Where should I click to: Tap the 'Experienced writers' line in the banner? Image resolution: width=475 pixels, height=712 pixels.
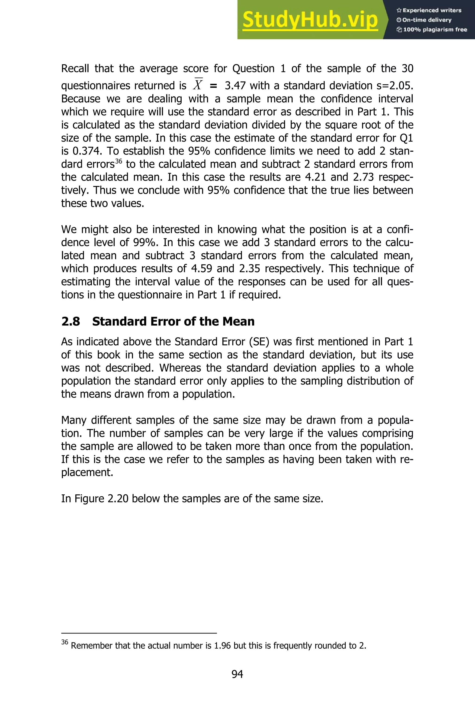coord(429,10)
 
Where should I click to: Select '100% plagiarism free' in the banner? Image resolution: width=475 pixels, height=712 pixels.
coord(432,30)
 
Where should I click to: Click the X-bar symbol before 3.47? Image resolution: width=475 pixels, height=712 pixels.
coord(198,84)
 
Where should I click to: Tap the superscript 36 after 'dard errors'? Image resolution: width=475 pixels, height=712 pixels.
coord(119,161)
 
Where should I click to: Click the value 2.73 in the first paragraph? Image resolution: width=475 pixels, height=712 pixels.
coord(363,177)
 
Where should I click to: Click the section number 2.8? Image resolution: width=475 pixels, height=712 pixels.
coord(71,321)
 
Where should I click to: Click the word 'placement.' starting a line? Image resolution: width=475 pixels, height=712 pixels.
coord(87,472)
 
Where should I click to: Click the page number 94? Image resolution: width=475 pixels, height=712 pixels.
coord(237,674)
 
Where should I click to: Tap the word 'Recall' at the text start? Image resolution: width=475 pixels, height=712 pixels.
coord(75,69)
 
